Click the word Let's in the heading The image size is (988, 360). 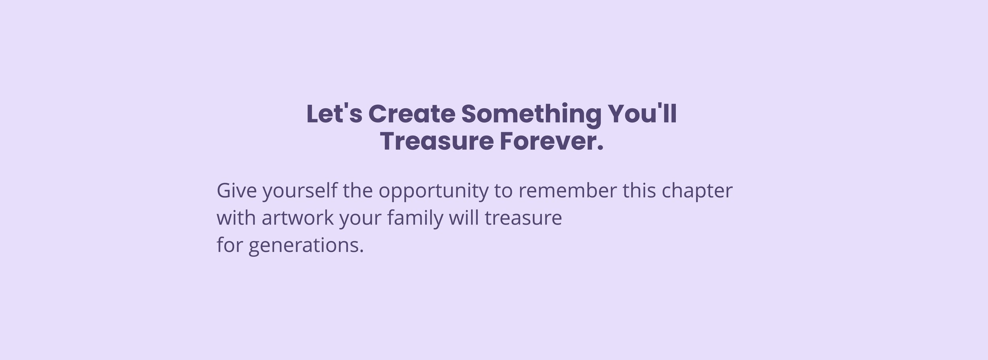pyautogui.click(x=334, y=114)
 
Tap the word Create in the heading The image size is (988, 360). pyautogui.click(x=412, y=114)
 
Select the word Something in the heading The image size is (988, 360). pyautogui.click(x=532, y=116)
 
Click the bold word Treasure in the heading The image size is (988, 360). pyautogui.click(x=437, y=142)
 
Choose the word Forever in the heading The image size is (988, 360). pyautogui.click(x=547, y=142)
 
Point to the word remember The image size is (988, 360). pyautogui.click(x=567, y=190)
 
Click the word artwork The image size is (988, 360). pyautogui.click(x=298, y=218)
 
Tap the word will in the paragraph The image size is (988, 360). pyautogui.click(x=464, y=218)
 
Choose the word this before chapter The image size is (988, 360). pyautogui.click(x=639, y=190)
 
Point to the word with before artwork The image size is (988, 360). pyautogui.click(x=236, y=218)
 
